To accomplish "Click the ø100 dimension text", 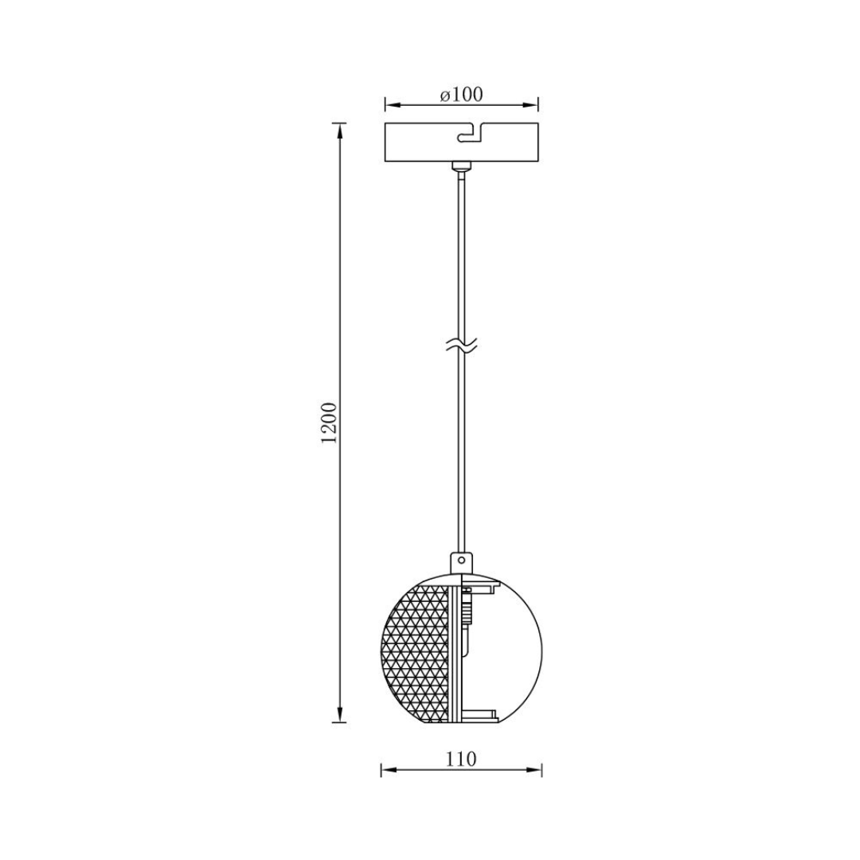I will click(x=461, y=95).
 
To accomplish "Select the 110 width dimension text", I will click(x=461, y=759).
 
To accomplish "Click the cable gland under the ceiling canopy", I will click(x=461, y=167).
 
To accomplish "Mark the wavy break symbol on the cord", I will click(x=461, y=346).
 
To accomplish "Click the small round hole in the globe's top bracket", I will click(x=461, y=561).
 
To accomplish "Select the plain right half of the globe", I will click(x=510, y=650).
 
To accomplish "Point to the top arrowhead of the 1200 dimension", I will click(x=341, y=130).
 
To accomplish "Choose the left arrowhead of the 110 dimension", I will click(x=386, y=770).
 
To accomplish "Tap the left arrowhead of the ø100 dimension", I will click(x=390, y=105).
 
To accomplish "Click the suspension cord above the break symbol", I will click(x=461, y=255).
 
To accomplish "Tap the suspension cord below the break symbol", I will click(x=461, y=446).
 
